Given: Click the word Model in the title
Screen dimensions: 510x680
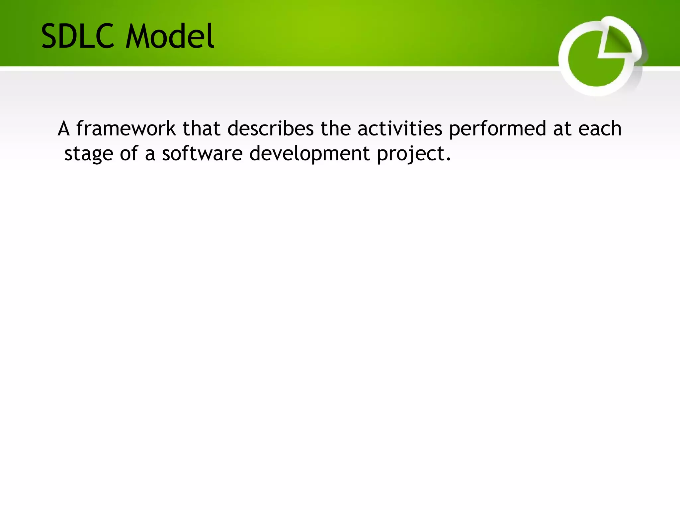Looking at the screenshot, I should tap(170, 37).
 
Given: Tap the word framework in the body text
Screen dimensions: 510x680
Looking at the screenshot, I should tap(126, 128).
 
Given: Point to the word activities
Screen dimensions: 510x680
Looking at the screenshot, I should tap(400, 128).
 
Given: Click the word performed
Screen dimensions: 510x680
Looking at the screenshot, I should tap(497, 128).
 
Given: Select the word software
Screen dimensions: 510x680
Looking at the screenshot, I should tap(202, 154).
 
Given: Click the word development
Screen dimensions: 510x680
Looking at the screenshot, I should tap(309, 154).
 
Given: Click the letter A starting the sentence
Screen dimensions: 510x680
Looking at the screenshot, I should tap(64, 128).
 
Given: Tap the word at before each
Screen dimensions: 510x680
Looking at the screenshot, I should tap(562, 129).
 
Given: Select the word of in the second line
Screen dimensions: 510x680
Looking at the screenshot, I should tap(129, 154).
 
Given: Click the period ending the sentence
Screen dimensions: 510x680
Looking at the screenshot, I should tap(449, 160).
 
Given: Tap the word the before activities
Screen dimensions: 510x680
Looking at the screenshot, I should tap(335, 128).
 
